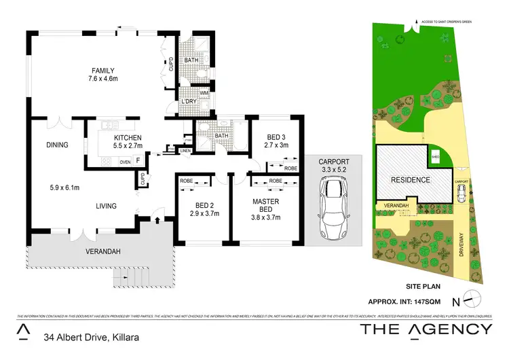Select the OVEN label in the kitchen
[125, 162]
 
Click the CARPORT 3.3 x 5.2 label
[333, 166]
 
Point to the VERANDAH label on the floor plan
[102, 251]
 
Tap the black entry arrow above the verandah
[157, 219]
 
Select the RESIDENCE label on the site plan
[410, 180]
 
